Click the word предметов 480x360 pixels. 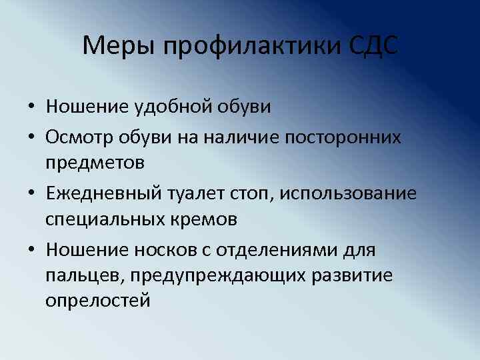tap(95, 162)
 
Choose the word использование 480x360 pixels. tap(348, 194)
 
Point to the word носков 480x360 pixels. tap(160, 251)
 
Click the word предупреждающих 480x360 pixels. tap(204, 276)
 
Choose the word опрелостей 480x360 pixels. tap(97, 301)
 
